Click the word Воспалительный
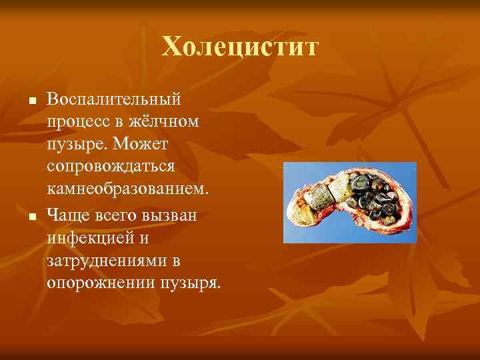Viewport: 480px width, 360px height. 114,99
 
